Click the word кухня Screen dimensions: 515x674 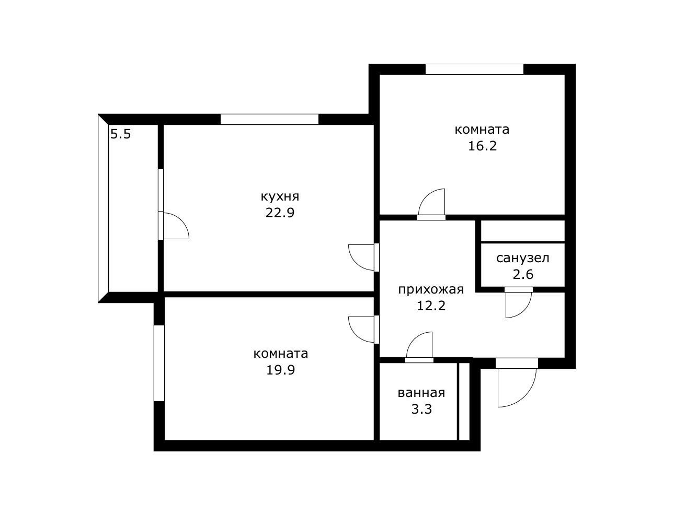(x=280, y=197)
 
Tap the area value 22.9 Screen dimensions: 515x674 (x=280, y=213)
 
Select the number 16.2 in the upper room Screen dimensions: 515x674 (x=482, y=146)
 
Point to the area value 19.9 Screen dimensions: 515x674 (x=281, y=370)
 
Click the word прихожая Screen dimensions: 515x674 (x=431, y=289)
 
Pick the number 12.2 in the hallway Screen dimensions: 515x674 (x=431, y=306)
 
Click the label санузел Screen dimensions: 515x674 (x=523, y=258)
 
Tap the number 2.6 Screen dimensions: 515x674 (x=523, y=274)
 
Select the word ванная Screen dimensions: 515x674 (x=421, y=393)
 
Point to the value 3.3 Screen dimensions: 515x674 (x=421, y=409)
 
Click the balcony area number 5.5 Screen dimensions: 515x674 (x=120, y=134)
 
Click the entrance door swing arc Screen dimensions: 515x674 (x=515, y=387)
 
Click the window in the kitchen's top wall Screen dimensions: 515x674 (x=269, y=119)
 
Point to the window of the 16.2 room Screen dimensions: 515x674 (x=474, y=69)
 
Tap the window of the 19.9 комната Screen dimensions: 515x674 (x=159, y=363)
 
